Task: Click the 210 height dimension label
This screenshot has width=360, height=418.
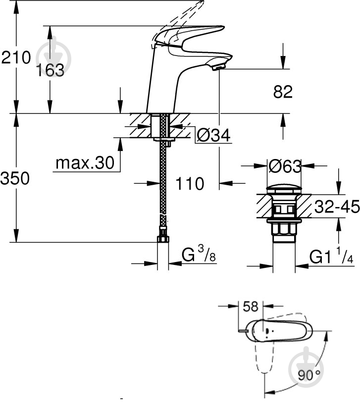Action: click(16, 57)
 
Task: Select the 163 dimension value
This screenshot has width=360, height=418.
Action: click(50, 70)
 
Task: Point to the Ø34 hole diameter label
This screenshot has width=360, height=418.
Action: click(214, 135)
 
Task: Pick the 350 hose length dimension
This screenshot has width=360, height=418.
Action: click(15, 178)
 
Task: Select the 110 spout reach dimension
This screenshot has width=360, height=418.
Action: click(190, 184)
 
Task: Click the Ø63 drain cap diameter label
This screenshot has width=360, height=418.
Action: click(285, 167)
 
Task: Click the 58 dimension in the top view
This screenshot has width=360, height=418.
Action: click(251, 307)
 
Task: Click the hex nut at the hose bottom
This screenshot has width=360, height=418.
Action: click(162, 239)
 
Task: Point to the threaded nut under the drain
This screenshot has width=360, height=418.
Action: click(285, 229)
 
